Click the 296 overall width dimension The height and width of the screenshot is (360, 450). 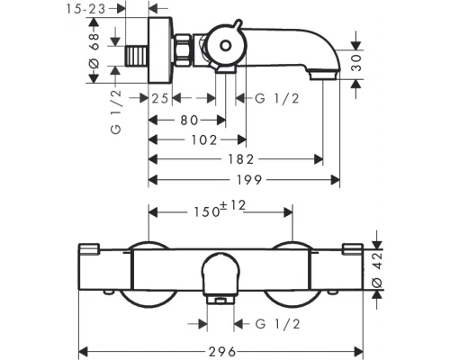pyautogui.click(x=222, y=351)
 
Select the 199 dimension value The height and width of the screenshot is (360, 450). pyautogui.click(x=249, y=180)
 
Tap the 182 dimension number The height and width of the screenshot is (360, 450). pyautogui.click(x=241, y=159)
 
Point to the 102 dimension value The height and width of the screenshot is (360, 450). pyautogui.click(x=204, y=140)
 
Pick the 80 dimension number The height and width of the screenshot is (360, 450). pyautogui.click(x=189, y=121)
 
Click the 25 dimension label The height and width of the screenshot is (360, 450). pyautogui.click(x=160, y=98)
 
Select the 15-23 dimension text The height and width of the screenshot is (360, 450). pyautogui.click(x=85, y=9)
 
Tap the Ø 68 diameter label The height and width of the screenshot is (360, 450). pyautogui.click(x=94, y=50)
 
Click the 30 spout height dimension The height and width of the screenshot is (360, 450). pyautogui.click(x=356, y=63)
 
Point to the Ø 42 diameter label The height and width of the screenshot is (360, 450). pyautogui.click(x=378, y=270)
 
